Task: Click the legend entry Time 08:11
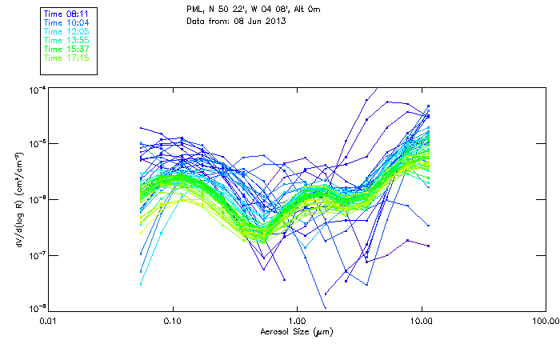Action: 67,14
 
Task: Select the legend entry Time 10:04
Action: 67,22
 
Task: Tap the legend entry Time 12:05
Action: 67,31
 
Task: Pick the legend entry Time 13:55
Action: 67,40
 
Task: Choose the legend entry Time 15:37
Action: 67,49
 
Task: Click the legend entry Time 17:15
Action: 67,58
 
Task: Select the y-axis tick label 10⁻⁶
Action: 36,199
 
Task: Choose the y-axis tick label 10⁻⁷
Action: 36,254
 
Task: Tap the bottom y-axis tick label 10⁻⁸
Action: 36,308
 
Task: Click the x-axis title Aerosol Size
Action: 297,330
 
